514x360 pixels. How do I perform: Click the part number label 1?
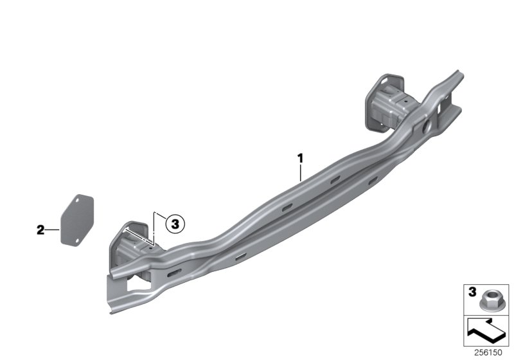click(300, 159)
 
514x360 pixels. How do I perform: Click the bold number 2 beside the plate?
click(40, 230)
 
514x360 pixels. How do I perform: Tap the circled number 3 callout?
click(175, 224)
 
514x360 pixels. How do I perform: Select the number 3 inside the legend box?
click(472, 292)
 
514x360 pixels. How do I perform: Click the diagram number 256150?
click(488, 353)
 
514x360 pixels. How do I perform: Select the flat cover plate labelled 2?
click(77, 220)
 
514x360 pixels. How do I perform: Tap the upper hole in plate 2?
click(78, 201)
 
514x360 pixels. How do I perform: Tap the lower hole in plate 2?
click(77, 241)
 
